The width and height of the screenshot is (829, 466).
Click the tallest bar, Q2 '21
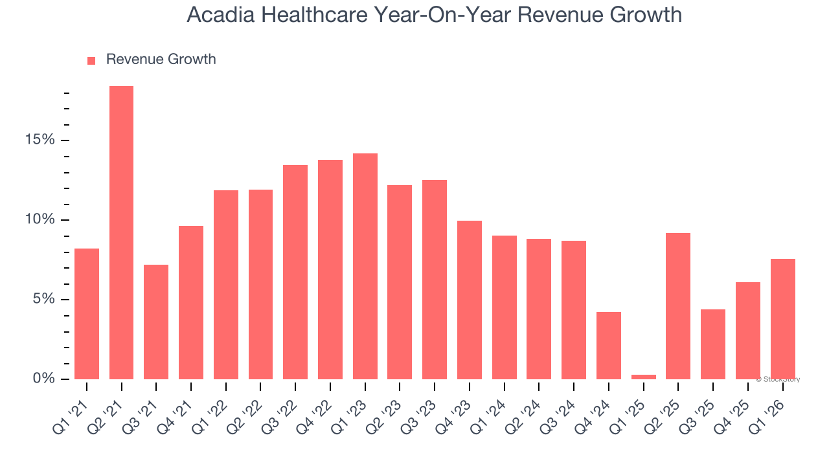click(x=121, y=233)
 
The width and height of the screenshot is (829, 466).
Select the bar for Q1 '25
click(x=644, y=377)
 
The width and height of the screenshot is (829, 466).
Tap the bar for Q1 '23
click(x=365, y=266)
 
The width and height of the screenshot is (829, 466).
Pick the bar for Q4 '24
click(x=609, y=346)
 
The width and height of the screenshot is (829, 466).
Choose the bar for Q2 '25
click(x=678, y=306)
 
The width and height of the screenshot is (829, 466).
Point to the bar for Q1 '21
click(x=87, y=314)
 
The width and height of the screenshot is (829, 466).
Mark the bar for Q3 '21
click(x=156, y=322)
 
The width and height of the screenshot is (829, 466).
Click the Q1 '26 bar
click(x=782, y=319)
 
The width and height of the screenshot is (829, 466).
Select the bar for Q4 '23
click(x=470, y=300)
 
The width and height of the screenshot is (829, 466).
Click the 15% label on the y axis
click(x=40, y=140)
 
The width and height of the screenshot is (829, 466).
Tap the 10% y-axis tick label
click(x=40, y=220)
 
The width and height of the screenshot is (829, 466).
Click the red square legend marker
click(x=91, y=61)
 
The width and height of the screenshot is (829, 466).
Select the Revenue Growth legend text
click(x=161, y=60)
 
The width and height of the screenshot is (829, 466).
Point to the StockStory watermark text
click(x=780, y=379)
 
